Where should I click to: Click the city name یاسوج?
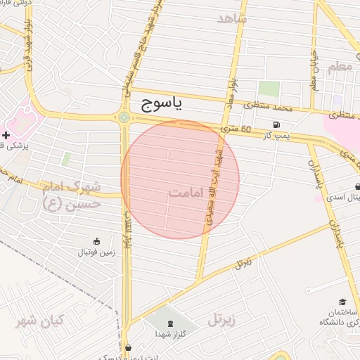click(x=157, y=105)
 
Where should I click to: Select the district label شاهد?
click(x=233, y=18)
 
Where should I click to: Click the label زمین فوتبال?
click(x=96, y=251)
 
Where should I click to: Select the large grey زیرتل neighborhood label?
click(x=224, y=321)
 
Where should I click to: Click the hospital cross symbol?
click(x=6, y=134)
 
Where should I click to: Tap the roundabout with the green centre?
click(x=124, y=117)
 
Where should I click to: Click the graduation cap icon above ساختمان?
click(x=342, y=301)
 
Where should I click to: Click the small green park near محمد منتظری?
click(x=268, y=89)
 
